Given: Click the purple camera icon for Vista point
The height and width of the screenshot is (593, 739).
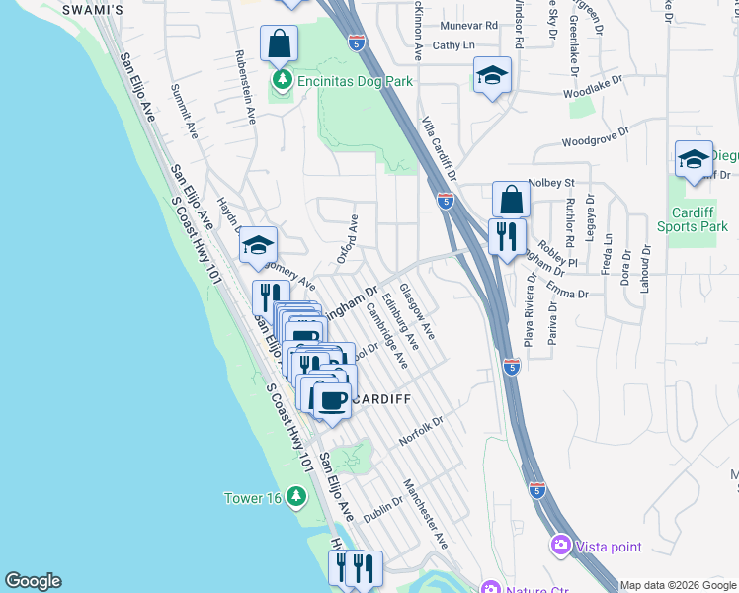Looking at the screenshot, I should tap(561, 546).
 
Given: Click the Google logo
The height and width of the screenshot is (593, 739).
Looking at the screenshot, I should tap(33, 581).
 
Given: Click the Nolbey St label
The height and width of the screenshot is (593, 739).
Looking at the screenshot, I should tap(551, 183).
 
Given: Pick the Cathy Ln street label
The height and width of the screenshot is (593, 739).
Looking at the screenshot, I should tap(453, 45).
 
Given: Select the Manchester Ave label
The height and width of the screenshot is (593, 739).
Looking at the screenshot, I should tap(426, 514).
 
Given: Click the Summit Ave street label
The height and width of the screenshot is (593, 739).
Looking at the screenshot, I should tap(185, 110).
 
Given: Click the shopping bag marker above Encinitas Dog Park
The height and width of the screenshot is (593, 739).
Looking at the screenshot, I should tap(280, 43).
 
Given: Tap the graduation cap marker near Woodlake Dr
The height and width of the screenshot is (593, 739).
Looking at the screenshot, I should tap(491, 75).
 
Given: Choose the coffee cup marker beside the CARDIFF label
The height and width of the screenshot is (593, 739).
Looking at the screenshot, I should tap(332, 399).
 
